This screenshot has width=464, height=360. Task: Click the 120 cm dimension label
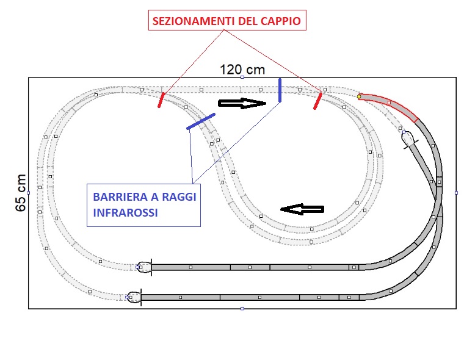tap(242, 70)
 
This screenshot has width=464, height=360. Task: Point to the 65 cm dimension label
tap(20, 192)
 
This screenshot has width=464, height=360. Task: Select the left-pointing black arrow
tap(302, 209)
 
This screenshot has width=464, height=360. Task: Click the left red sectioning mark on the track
tap(161, 100)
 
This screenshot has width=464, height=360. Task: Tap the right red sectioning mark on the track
tap(318, 101)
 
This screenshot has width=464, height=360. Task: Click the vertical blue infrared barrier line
tap(280, 90)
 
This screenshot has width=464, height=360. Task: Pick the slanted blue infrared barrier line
tap(201, 121)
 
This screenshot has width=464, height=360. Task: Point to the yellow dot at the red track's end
tap(359, 96)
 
